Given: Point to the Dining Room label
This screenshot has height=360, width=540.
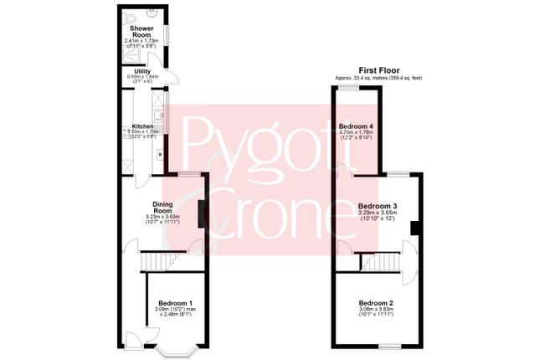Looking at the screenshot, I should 162,207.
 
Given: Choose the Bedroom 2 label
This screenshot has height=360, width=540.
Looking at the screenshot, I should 376,303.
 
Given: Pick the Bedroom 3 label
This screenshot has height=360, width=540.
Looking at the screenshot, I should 378,206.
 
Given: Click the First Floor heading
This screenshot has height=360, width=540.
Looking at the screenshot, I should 378,70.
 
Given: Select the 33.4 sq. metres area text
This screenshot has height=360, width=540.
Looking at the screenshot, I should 378,78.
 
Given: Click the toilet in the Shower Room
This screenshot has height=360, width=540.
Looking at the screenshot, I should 129,16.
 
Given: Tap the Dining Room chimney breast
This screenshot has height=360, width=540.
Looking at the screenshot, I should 201,213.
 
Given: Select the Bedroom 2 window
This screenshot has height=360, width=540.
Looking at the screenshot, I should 389,346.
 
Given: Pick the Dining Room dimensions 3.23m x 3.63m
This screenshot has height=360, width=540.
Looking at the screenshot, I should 162,218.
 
